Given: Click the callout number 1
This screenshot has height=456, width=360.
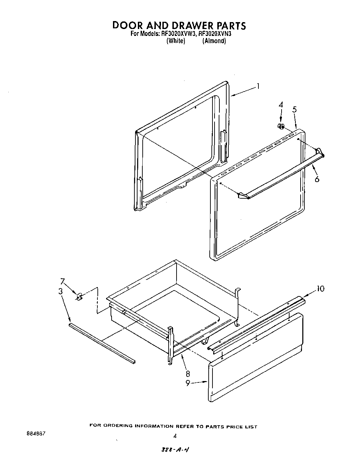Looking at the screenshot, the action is (258, 86).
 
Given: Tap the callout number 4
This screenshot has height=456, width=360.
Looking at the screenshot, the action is (281, 105).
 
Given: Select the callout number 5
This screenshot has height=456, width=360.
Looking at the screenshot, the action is (294, 110).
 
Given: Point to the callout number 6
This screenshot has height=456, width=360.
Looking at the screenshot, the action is (317, 179).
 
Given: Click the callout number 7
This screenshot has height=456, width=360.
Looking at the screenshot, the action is (63, 281).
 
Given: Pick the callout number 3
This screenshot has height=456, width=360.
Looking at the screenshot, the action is (60, 291).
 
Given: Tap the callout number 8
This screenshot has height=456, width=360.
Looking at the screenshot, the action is (188, 373).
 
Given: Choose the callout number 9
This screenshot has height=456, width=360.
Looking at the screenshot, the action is (188, 383).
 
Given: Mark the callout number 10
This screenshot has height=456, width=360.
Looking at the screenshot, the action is (321, 288).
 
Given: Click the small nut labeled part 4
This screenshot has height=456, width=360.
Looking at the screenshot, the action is (281, 127).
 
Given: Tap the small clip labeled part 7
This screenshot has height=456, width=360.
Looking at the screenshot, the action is (79, 296).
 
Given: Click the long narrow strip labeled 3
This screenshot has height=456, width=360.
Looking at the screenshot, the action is (102, 343).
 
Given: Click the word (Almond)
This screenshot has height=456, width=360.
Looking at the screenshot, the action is (214, 41).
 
